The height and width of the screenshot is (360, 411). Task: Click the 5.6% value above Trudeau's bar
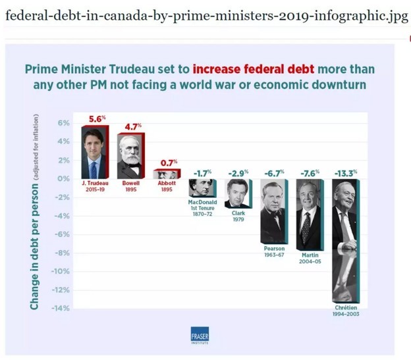[x=97, y=119]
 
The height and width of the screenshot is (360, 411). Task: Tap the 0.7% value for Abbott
[x=169, y=162]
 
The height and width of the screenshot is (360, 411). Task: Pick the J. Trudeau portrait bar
[x=95, y=152]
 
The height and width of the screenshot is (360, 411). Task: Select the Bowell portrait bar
[x=130, y=155]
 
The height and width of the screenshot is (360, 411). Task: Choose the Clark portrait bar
[x=237, y=193]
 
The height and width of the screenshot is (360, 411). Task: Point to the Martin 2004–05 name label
[x=310, y=257]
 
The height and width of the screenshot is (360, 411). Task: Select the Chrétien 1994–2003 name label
[x=346, y=311]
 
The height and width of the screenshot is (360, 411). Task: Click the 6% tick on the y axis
[x=63, y=123]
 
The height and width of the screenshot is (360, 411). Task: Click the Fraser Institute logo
[x=199, y=335]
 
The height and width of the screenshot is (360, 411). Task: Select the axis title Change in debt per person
[x=34, y=211]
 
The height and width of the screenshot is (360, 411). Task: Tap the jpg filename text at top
[x=206, y=16]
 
